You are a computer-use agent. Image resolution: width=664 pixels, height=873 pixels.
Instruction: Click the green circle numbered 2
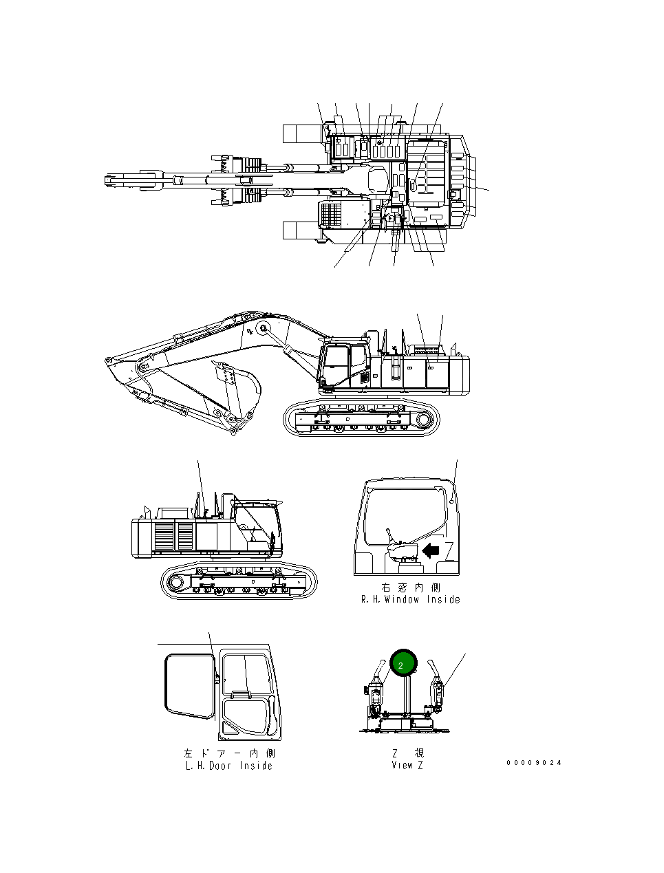coord(403,663)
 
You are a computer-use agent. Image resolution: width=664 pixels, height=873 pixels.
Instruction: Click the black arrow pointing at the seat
coord(430,550)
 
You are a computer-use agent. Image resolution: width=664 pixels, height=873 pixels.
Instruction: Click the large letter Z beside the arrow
coord(449,550)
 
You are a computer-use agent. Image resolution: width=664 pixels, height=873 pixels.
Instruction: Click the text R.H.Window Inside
coord(411,600)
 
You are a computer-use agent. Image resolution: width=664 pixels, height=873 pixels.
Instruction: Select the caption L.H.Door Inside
coord(229,766)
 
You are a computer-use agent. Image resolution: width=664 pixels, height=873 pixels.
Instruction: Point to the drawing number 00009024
coord(534,762)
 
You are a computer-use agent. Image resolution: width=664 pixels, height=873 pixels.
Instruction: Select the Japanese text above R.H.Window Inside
coord(411,588)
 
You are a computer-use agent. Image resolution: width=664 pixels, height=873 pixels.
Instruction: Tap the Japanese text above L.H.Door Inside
coord(229,754)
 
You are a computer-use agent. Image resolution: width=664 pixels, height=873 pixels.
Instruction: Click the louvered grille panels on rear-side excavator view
coord(174,537)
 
